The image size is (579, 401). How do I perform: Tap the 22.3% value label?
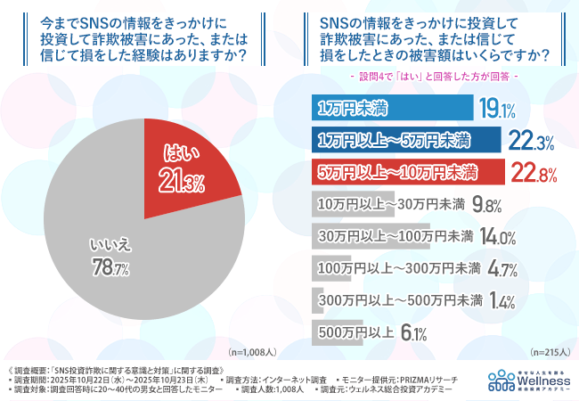tap(532, 141)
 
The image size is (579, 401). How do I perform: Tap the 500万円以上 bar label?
tap(356, 333)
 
